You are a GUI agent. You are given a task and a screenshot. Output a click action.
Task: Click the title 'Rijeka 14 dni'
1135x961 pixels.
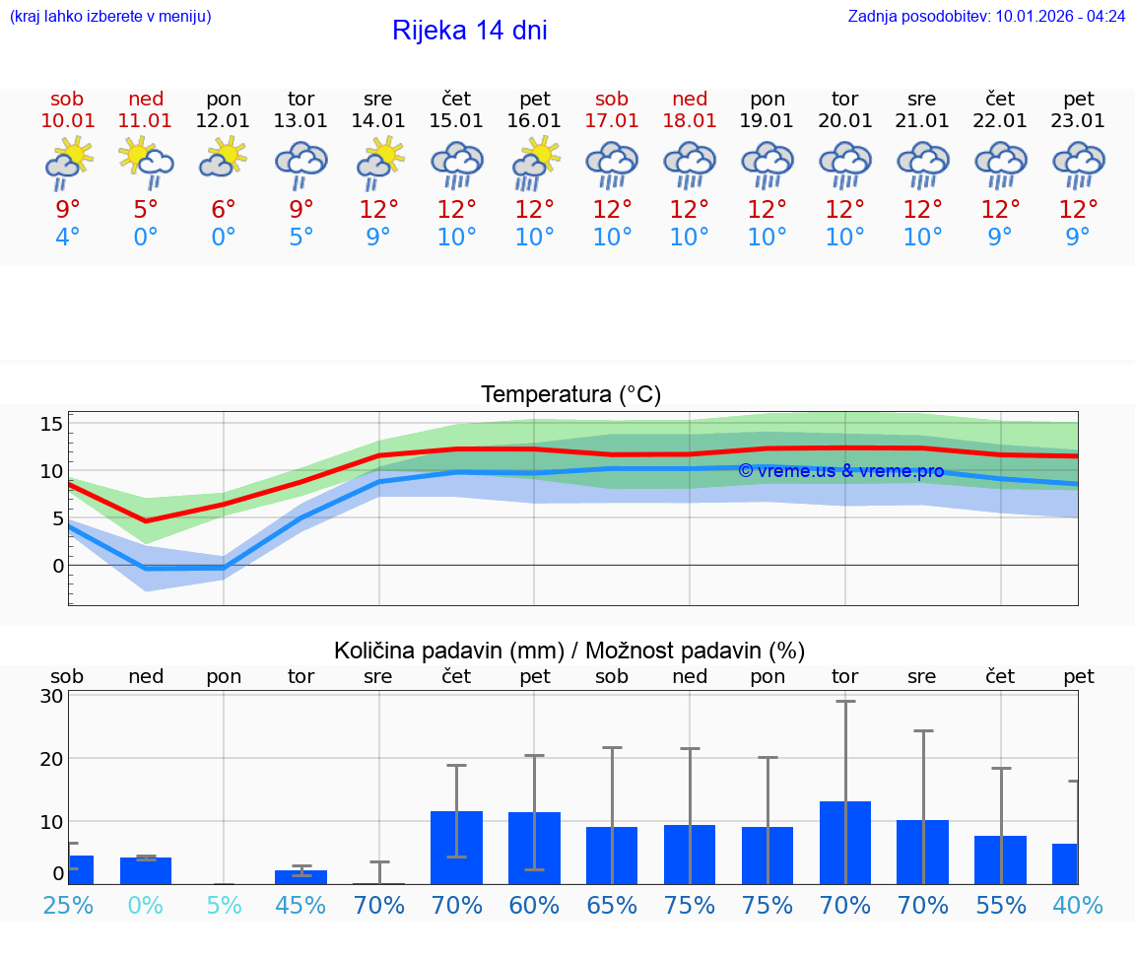469,31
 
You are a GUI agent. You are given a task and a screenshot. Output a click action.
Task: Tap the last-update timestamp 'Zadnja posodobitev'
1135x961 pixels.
986,17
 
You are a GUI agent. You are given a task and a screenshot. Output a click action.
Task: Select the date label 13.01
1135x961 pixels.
301,121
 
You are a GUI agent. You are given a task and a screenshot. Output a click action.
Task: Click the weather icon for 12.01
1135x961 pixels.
224,158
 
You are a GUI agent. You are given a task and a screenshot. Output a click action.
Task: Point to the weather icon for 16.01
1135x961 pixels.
535,163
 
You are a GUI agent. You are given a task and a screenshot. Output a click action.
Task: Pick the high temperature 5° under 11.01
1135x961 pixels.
146,210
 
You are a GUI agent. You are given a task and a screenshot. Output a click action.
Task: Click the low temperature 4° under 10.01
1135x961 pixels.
68,238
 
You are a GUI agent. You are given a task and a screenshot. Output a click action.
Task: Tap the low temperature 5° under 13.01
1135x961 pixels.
301,238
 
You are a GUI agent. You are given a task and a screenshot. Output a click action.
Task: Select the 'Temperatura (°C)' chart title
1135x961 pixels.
570,395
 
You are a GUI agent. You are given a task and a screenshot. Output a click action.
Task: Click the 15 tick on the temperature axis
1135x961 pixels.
51,425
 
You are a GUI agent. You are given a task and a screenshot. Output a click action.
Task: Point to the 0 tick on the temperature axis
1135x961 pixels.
57,566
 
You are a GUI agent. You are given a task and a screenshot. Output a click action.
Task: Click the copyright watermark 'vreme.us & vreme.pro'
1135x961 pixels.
840,471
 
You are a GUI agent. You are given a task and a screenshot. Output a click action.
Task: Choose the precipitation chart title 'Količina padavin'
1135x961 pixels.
569,651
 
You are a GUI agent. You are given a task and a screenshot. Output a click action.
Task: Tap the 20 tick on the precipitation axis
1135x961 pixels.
51,759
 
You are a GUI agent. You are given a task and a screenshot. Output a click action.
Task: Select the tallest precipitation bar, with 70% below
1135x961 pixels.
845,843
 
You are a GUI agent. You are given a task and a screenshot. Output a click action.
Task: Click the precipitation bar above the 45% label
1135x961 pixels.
301,877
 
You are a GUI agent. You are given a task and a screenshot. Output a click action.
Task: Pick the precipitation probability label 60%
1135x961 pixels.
535,906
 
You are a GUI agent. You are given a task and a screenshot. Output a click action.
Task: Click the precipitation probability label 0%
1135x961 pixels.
146,906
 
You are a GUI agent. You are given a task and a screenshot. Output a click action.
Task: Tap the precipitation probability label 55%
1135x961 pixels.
1001,906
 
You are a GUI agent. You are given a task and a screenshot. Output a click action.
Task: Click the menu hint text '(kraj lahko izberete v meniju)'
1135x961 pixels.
110,17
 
